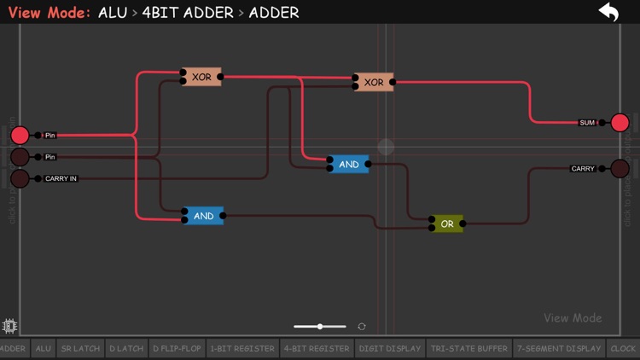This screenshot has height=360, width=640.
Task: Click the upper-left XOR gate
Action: pyautogui.click(x=201, y=77)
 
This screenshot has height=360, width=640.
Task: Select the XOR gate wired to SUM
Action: pyautogui.click(x=374, y=82)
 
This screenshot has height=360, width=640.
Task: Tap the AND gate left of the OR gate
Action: pyautogui.click(x=349, y=164)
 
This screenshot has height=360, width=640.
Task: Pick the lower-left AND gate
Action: pyautogui.click(x=203, y=216)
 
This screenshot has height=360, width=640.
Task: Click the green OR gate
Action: pyautogui.click(x=447, y=224)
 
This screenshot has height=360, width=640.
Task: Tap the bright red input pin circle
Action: pyautogui.click(x=20, y=135)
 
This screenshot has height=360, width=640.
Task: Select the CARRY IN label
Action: pyautogui.click(x=61, y=178)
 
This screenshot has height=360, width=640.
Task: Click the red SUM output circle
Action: pyautogui.click(x=620, y=122)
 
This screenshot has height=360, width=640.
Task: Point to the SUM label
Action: pyautogui.click(x=587, y=123)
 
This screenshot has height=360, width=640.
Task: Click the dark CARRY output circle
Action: pyautogui.click(x=620, y=168)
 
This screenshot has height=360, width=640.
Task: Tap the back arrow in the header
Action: pyautogui.click(x=608, y=12)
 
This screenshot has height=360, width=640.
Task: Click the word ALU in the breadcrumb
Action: pyautogui.click(x=113, y=13)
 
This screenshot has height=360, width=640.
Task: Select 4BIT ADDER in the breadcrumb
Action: pyautogui.click(x=188, y=13)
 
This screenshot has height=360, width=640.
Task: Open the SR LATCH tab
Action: pyautogui.click(x=80, y=348)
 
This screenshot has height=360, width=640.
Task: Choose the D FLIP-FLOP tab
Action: pyautogui.click(x=177, y=348)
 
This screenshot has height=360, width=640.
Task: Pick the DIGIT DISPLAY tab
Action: pyautogui.click(x=390, y=348)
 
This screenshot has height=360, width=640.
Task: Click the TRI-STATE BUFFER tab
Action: pyautogui.click(x=469, y=348)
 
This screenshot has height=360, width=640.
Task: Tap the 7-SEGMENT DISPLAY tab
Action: pyautogui.click(x=559, y=348)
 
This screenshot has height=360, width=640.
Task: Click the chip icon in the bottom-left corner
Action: pyautogui.click(x=10, y=325)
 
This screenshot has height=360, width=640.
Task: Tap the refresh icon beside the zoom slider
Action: pyautogui.click(x=362, y=327)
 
